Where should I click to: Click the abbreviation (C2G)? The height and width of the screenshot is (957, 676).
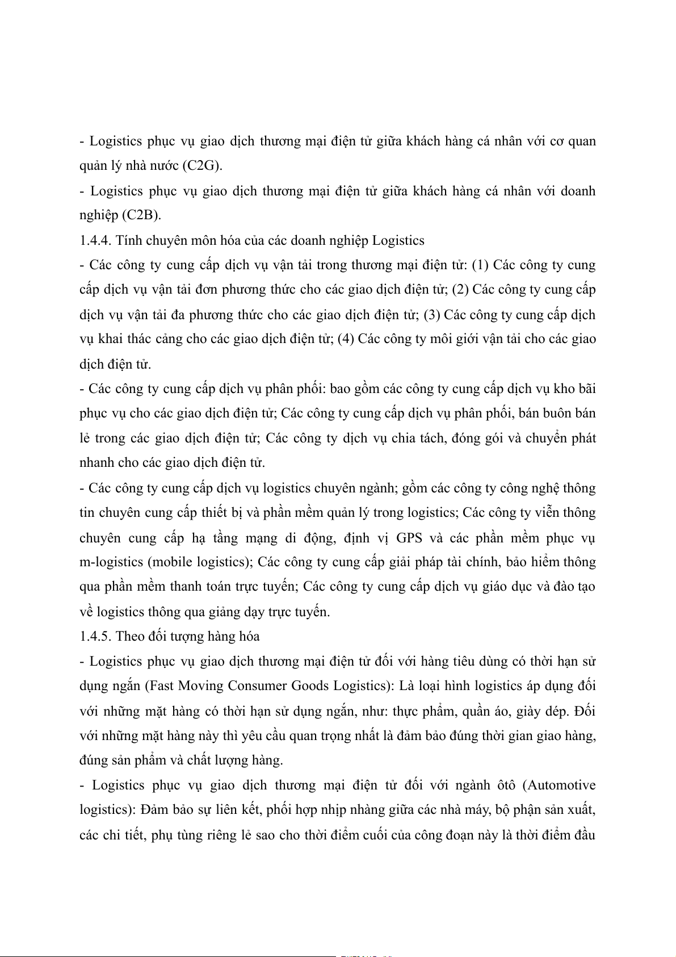point(201,165)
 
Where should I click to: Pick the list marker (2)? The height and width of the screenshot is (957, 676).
point(460,290)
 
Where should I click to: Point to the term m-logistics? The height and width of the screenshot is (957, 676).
point(111,562)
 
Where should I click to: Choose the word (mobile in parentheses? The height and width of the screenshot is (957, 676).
point(170,562)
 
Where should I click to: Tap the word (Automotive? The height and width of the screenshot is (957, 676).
point(560,785)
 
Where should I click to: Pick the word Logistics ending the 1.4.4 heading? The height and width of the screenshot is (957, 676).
point(398,240)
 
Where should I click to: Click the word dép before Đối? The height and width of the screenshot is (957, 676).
point(557,711)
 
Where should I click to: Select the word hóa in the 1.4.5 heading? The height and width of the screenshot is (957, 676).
point(249,636)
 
